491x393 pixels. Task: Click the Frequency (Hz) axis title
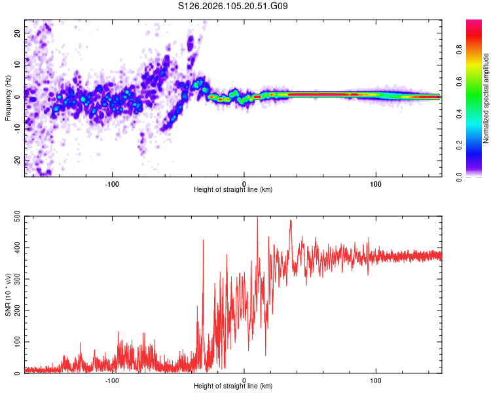pos(8,98)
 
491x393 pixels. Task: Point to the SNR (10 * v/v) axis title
pos(8,295)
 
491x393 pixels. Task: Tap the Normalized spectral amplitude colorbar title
pos(486,98)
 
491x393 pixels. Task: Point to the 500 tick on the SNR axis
pos(16,217)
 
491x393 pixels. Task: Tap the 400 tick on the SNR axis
pos(16,248)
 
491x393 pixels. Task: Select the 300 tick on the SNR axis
pos(16,279)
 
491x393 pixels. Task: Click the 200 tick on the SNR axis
pos(16,310)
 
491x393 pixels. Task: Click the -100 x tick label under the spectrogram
pos(112,183)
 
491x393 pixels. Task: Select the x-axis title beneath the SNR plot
pos(232,386)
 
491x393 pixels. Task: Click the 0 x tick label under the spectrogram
pos(244,183)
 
